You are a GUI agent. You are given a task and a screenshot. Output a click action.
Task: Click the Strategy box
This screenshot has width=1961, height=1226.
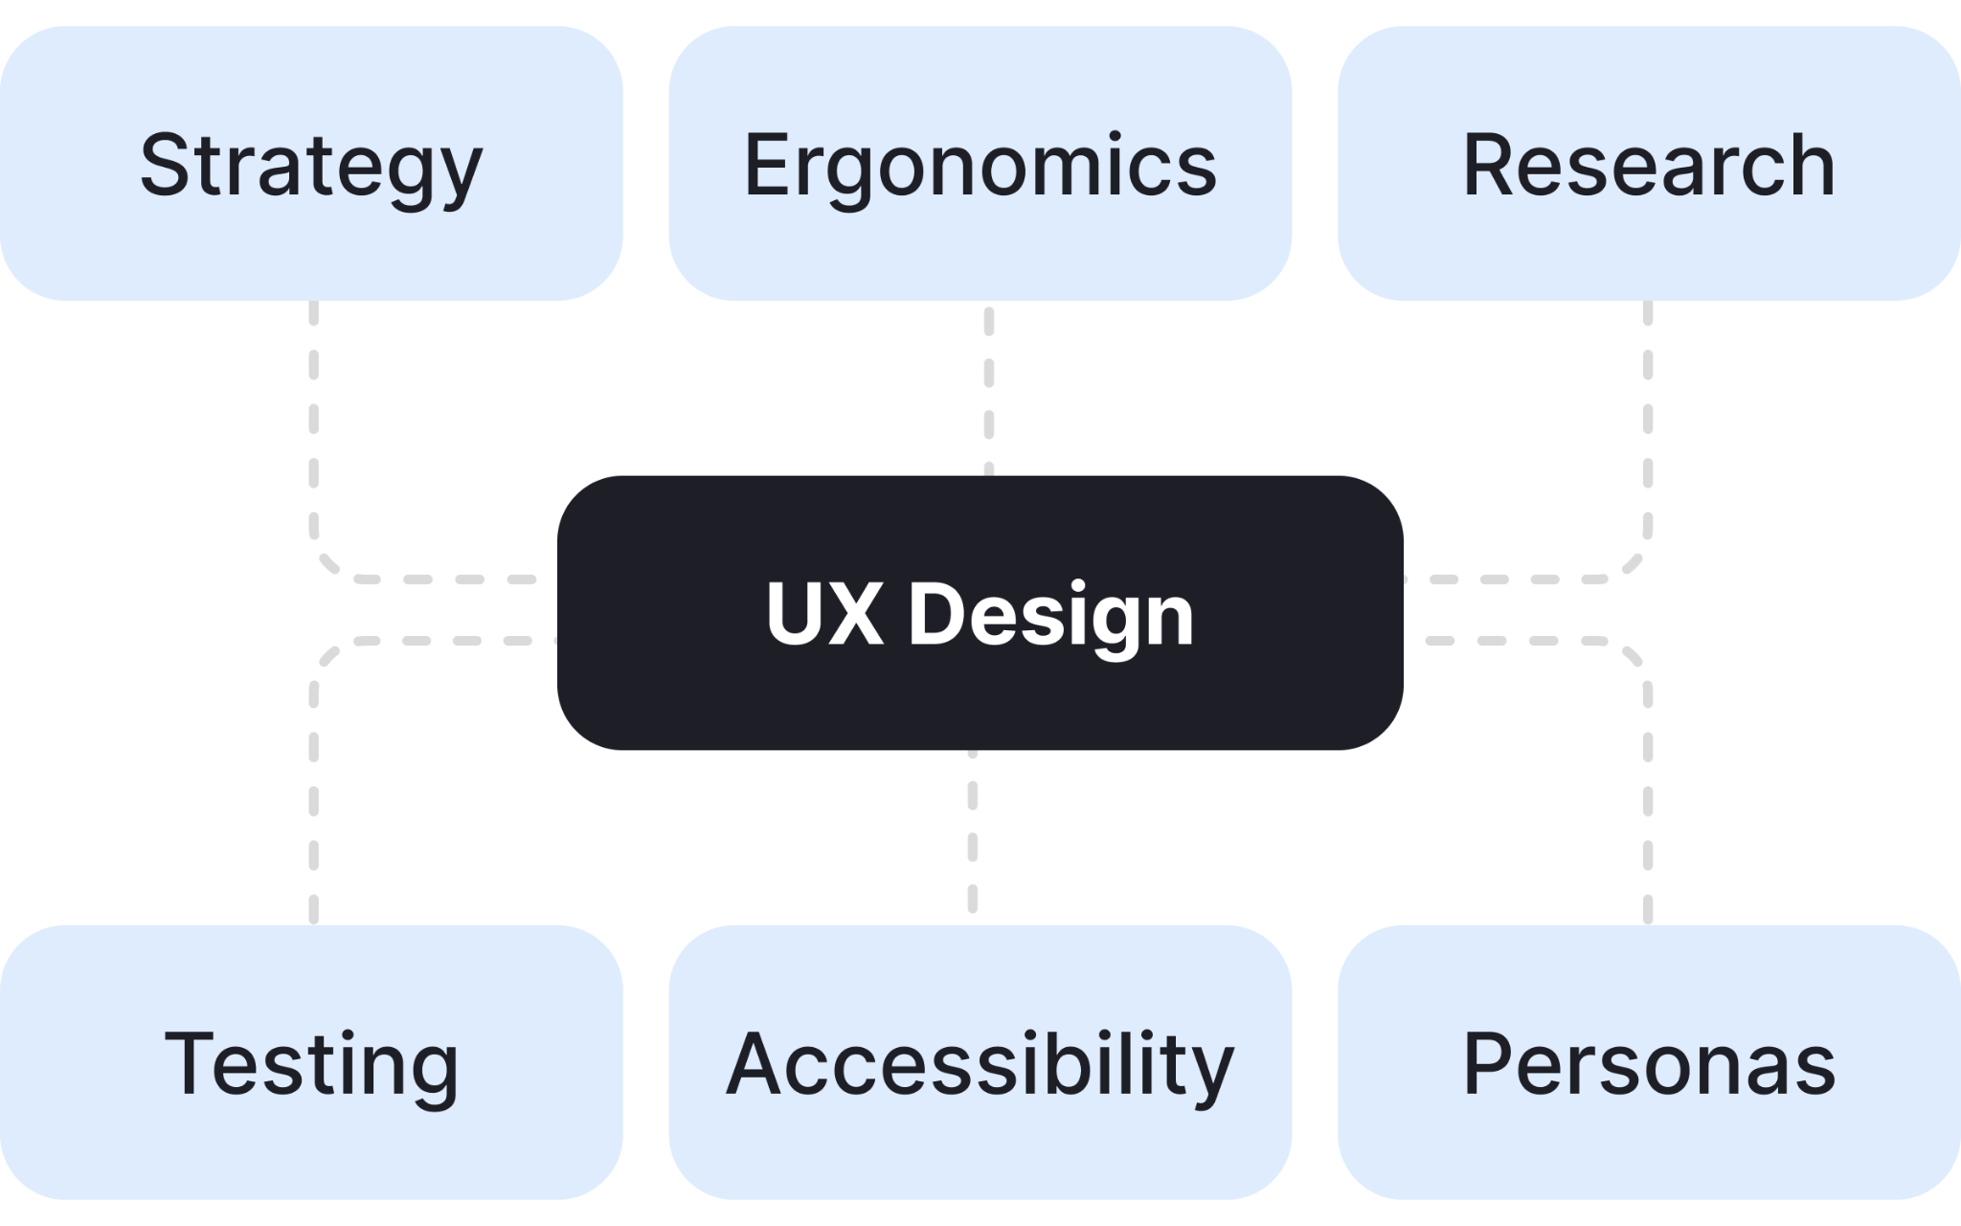tap(311, 230)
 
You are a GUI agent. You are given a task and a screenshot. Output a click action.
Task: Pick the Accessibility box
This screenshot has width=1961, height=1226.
tap(980, 1149)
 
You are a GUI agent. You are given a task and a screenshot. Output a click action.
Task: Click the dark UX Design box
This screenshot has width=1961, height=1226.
tap(980, 699)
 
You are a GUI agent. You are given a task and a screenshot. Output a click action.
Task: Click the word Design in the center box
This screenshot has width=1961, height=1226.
tap(1050, 615)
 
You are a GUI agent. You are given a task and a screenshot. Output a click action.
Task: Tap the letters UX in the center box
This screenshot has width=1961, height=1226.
tap(824, 614)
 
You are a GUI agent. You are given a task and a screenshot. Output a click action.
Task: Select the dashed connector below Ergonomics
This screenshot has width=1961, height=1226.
tap(989, 393)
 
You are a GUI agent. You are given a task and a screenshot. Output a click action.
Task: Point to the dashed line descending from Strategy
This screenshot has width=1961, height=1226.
tap(314, 421)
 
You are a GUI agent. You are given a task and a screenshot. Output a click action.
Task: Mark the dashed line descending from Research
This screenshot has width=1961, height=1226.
tap(1648, 421)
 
